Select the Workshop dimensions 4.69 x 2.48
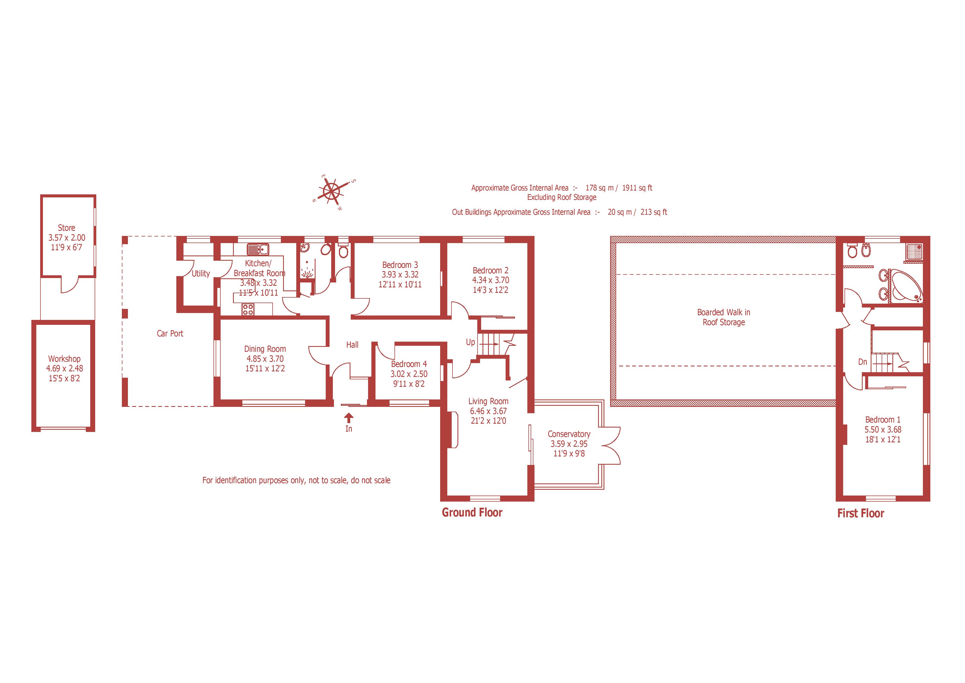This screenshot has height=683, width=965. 65,368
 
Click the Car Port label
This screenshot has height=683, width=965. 170,333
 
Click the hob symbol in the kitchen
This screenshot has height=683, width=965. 248,310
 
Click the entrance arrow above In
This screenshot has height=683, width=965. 349,418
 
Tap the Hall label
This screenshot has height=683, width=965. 352,345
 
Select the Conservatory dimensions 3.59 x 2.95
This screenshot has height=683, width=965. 569,444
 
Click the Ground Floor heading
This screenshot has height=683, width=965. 472,512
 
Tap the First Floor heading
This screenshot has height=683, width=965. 860,513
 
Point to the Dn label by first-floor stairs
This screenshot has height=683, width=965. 862,362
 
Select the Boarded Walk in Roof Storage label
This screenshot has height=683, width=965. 723,317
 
